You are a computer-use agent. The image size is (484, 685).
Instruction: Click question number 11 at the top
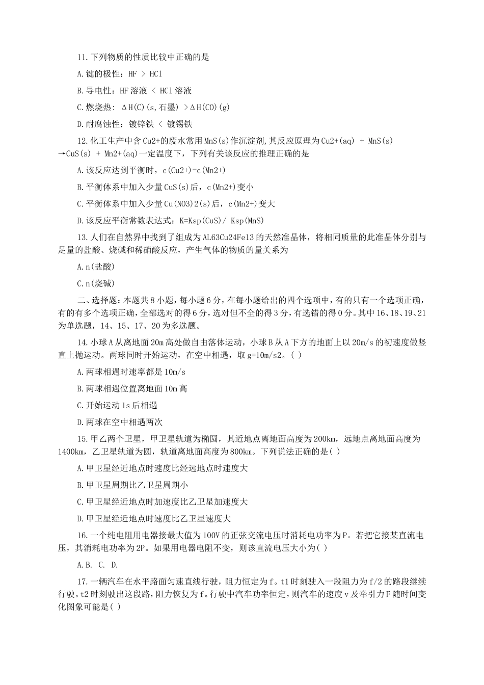click(82, 58)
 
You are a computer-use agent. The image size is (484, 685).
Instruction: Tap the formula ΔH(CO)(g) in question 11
click(209, 108)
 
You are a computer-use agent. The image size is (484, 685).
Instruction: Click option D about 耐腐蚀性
click(135, 124)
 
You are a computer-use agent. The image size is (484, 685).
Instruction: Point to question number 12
click(82, 141)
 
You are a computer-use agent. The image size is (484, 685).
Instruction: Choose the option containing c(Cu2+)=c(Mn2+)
click(151, 171)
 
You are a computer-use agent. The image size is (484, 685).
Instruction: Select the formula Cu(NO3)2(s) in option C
click(186, 204)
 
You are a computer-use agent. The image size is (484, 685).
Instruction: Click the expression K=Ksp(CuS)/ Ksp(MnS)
click(221, 221)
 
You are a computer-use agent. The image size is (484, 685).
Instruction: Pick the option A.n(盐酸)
click(96, 267)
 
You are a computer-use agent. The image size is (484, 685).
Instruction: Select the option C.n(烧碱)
click(96, 284)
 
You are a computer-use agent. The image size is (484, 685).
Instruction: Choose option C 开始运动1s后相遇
click(117, 406)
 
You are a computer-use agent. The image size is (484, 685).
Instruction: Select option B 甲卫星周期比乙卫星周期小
click(132, 485)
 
